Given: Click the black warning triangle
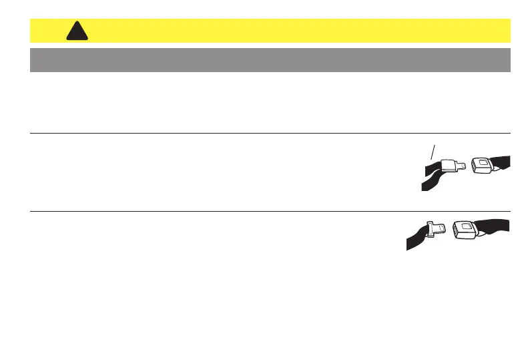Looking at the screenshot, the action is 77,31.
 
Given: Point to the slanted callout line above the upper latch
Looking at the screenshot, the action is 434,151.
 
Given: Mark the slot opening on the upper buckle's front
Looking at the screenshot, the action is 473,166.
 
